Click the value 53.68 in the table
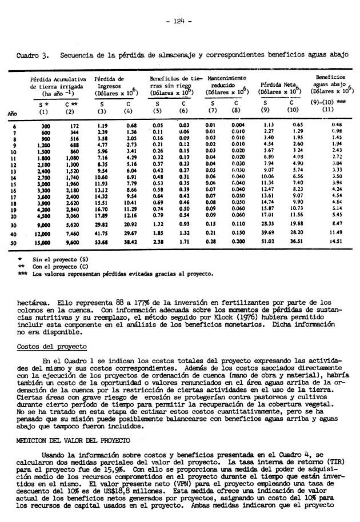pos(102,242)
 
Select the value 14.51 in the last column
pos(337,242)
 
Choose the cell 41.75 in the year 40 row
pos(102,233)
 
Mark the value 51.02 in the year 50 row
pos(267,242)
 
